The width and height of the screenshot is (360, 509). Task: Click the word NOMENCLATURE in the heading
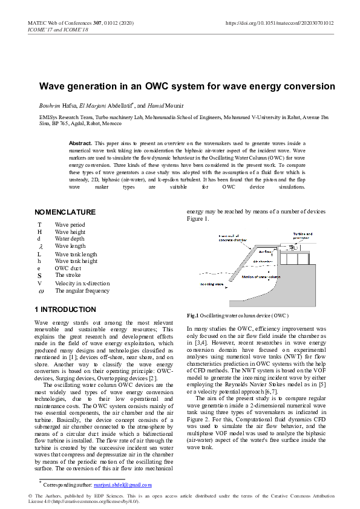click(65, 212)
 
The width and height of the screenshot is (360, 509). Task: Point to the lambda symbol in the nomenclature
click(40, 247)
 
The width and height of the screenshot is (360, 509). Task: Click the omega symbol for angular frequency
click(40, 291)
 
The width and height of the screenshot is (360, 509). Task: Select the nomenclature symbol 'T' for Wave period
click(39, 225)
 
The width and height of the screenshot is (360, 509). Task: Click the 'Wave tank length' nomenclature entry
click(76, 254)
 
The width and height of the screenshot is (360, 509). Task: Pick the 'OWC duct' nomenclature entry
click(68, 268)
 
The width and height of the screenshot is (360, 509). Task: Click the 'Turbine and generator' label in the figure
click(303, 236)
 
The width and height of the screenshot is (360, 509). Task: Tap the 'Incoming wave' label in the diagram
click(211, 283)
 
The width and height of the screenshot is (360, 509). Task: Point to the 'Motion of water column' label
click(261, 277)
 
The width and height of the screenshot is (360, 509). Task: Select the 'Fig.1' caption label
click(193, 316)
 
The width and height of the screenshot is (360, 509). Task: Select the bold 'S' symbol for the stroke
click(39, 276)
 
